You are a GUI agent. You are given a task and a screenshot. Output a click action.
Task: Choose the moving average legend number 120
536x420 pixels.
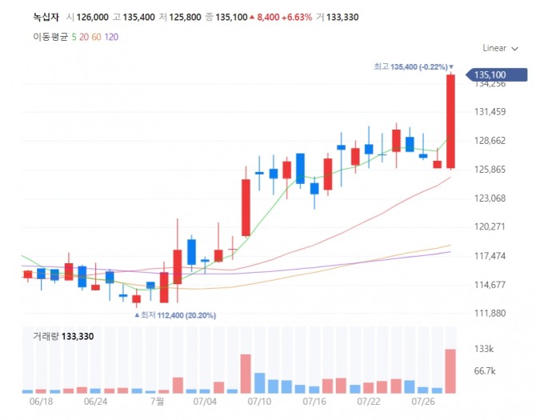pos(111,37)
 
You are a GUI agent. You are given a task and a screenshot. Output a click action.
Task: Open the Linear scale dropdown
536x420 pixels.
pos(498,48)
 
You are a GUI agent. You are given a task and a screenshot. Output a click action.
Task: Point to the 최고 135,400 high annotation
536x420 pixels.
pos(412,66)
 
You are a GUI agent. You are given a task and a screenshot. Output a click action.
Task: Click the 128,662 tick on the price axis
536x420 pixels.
pos(490,141)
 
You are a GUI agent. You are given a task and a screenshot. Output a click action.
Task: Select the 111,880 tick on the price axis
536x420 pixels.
pos(490,313)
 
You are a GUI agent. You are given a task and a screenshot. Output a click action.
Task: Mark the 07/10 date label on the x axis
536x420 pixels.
pos(261,401)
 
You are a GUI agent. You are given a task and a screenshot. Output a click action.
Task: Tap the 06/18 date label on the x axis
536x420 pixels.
pos(40,401)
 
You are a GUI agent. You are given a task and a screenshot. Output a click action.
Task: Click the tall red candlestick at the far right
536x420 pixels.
pos(450,120)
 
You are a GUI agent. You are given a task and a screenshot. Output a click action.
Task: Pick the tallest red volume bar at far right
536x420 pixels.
pos(450,371)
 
